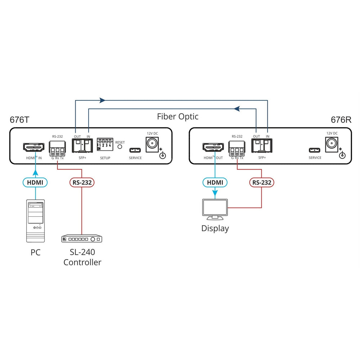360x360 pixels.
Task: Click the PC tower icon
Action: point(35,221)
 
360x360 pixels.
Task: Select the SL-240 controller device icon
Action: point(82,239)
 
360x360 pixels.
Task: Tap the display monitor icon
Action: point(215,209)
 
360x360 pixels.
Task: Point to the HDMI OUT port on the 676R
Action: point(214,147)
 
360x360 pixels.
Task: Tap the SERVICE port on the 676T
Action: point(135,150)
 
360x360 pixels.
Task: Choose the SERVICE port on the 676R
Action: point(315,150)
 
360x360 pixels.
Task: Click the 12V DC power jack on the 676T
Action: point(152,145)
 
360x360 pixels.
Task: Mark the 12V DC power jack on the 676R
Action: point(332,145)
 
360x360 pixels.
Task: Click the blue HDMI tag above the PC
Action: point(35,183)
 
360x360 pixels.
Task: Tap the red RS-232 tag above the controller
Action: point(82,183)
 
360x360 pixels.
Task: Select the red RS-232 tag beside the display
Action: point(261,183)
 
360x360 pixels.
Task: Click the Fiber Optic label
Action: point(177,117)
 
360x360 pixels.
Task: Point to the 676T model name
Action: point(19,120)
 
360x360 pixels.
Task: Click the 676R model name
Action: point(341,120)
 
